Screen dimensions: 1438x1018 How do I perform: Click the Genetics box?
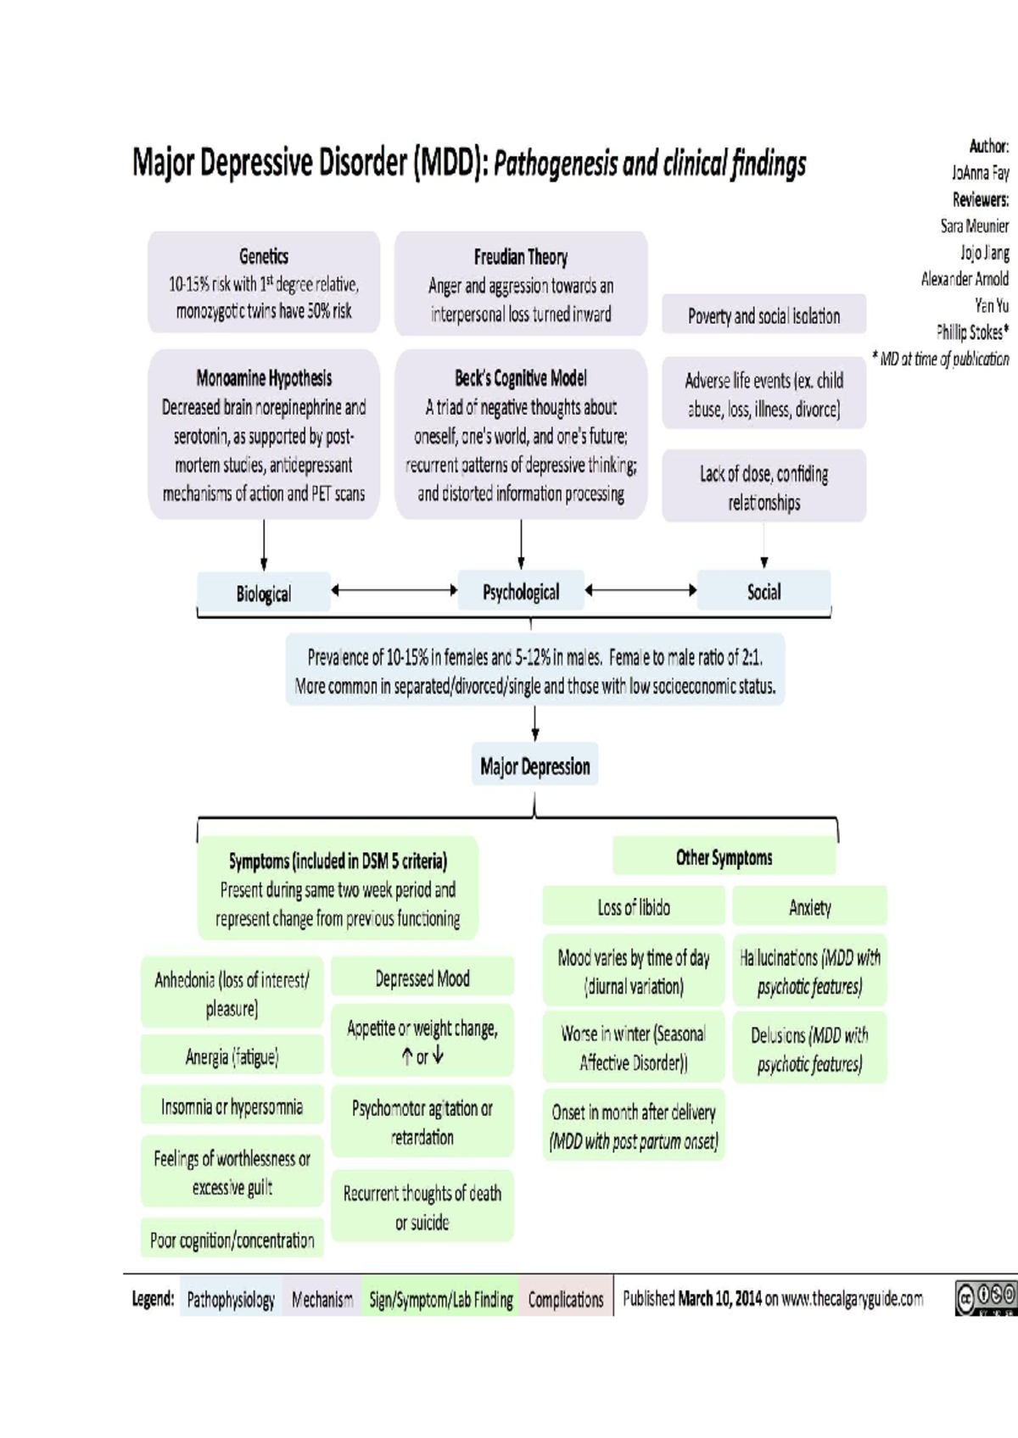click(x=264, y=282)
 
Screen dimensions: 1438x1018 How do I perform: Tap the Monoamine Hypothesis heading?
click(x=264, y=378)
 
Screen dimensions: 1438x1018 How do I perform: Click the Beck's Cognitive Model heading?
click(x=521, y=378)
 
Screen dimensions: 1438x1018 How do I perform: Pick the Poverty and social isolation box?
click(x=763, y=315)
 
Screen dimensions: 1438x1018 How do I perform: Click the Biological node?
click(x=264, y=593)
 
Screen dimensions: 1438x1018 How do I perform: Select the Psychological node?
click(x=521, y=592)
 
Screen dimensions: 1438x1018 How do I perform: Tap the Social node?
click(x=763, y=592)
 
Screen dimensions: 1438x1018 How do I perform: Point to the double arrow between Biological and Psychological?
click(x=394, y=590)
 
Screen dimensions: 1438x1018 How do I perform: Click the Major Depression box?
click(x=534, y=766)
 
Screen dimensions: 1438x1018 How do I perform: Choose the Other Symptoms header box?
click(x=724, y=857)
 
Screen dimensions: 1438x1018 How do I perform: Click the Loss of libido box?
click(x=634, y=907)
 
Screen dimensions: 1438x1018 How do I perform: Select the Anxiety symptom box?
click(x=809, y=907)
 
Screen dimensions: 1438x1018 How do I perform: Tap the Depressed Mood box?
click(x=422, y=978)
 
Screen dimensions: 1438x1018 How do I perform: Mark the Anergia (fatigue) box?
click(x=232, y=1056)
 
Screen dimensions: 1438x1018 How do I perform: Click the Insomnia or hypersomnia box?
click(x=232, y=1106)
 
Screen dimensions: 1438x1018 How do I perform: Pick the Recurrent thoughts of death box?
click(x=422, y=1207)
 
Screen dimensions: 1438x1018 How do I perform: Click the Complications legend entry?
click(x=566, y=1299)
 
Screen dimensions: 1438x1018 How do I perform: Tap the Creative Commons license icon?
click(x=985, y=1298)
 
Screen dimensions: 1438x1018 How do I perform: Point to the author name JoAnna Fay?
click(x=980, y=173)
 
